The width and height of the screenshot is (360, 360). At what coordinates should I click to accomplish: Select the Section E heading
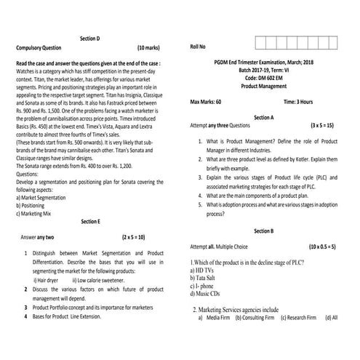point(90,220)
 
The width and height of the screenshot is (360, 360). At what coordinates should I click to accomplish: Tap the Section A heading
point(263,116)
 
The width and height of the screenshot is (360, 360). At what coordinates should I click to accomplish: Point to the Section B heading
point(263,231)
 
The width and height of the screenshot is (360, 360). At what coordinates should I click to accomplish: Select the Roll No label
point(199,47)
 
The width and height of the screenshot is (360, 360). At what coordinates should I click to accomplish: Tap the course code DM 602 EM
point(263,77)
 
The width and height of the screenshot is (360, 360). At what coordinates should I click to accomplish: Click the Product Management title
point(263,86)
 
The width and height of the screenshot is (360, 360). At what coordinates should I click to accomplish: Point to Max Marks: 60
point(206,102)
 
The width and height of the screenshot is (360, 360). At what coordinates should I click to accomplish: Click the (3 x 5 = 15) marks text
point(321,125)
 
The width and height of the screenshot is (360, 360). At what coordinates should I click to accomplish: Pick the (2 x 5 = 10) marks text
point(134,237)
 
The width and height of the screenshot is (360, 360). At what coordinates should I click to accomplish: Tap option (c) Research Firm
point(298,318)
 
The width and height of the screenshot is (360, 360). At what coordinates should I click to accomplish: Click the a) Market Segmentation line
point(48,198)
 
